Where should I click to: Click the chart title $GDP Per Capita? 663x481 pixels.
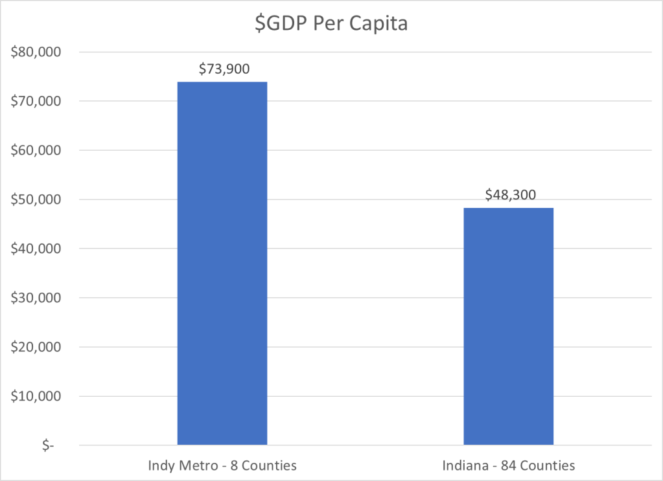point(331,24)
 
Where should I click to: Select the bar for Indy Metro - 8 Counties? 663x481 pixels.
point(222,263)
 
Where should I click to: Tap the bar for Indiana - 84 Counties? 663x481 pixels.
point(509,326)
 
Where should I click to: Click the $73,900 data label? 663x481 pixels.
point(224,67)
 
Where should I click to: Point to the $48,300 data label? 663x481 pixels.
point(510,194)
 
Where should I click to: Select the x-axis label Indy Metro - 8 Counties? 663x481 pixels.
point(222,465)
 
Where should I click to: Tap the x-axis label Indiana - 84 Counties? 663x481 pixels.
point(509,465)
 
